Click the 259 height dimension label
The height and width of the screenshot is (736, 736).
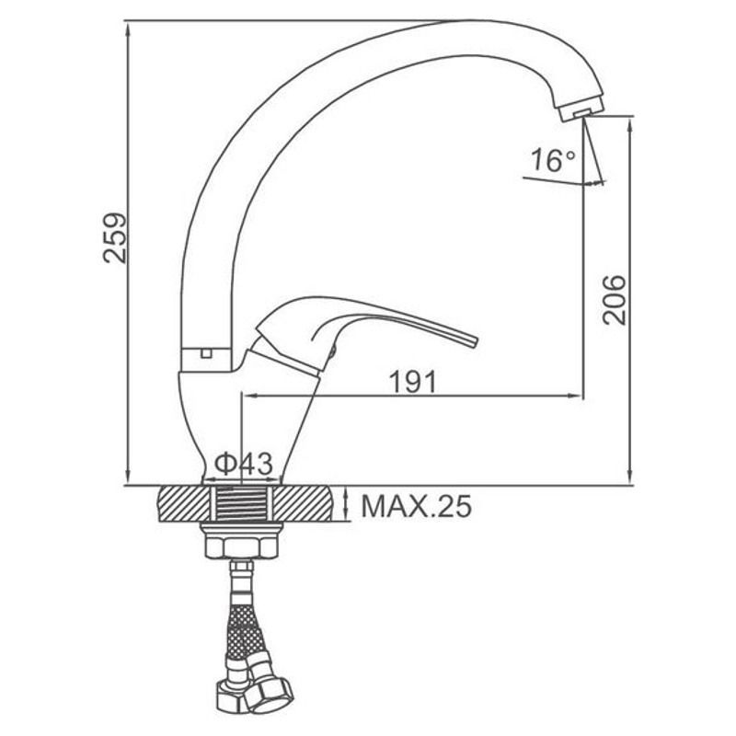115,238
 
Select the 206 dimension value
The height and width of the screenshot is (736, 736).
615,301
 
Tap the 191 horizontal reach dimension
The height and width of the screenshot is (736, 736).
413,382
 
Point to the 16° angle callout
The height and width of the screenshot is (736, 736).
553,160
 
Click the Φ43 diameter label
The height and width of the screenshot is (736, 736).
244,464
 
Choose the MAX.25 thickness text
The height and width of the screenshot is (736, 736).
417,507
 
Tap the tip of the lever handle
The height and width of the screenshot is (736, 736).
474,342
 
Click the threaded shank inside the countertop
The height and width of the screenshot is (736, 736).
241,504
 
